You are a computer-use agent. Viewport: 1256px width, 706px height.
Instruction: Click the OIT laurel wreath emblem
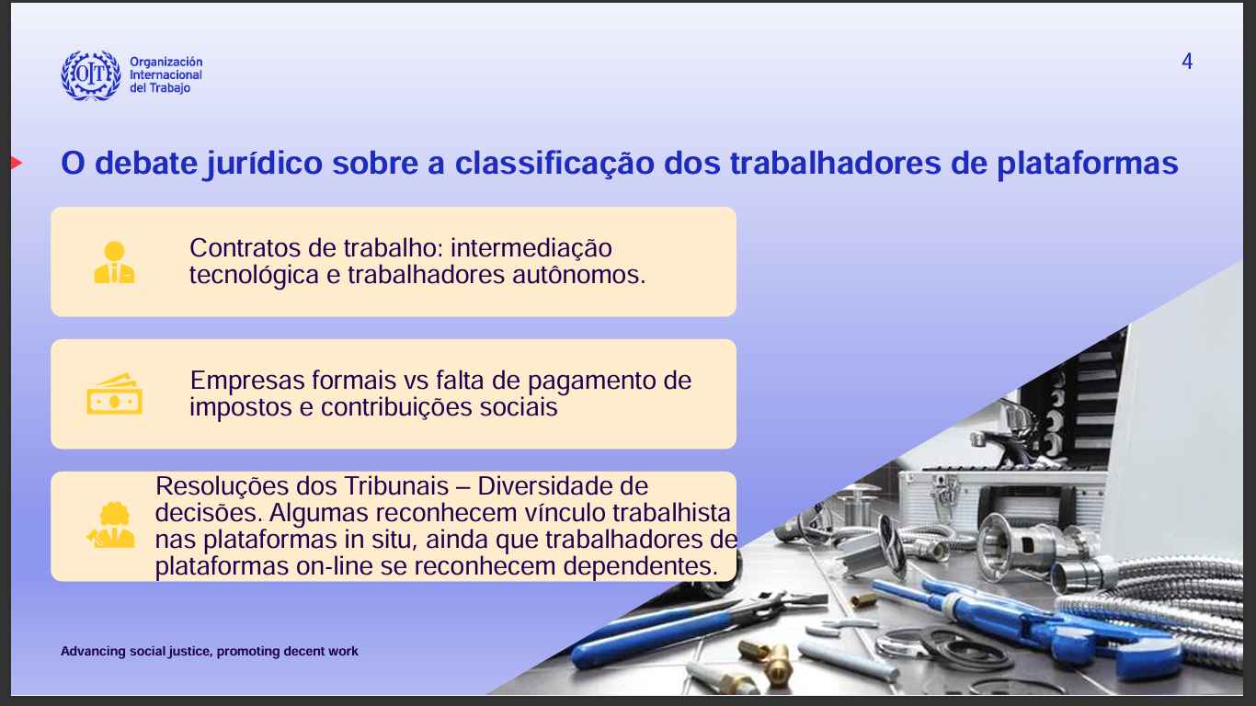click(91, 75)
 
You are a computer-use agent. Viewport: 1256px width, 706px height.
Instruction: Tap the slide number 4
click(1186, 61)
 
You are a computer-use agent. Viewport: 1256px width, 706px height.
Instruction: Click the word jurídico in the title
click(265, 164)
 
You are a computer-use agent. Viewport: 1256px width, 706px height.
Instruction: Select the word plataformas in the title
click(1087, 164)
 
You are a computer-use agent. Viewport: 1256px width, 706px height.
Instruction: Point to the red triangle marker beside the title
click(17, 163)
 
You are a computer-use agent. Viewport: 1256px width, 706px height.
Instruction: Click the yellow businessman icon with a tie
click(114, 262)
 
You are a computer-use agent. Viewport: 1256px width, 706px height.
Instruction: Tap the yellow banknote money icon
click(114, 393)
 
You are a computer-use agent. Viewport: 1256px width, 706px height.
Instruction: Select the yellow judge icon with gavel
click(111, 525)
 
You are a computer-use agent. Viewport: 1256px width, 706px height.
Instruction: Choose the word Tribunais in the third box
click(396, 486)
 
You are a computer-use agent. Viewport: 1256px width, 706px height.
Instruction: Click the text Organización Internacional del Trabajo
click(166, 74)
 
